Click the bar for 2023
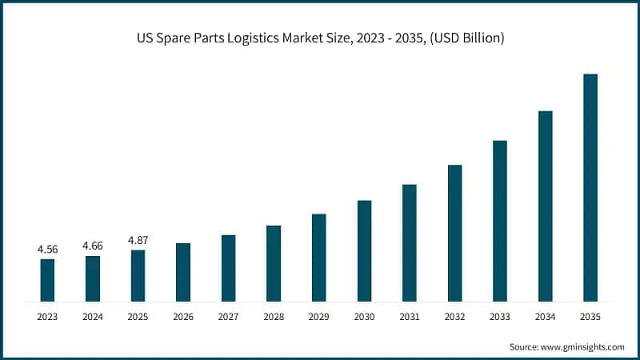click(47, 280)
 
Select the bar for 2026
click(183, 272)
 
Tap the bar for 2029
click(319, 258)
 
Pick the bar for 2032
click(455, 233)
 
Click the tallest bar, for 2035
click(590, 187)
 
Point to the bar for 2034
click(546, 206)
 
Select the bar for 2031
click(410, 242)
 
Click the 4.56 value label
click(47, 250)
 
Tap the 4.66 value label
click(93, 246)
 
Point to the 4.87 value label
click(138, 240)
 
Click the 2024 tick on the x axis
click(93, 318)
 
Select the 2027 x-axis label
click(228, 318)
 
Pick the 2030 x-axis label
click(364, 318)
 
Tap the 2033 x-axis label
click(500, 318)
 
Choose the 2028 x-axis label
click(274, 318)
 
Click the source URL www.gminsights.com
click(583, 346)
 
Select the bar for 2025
click(138, 275)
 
